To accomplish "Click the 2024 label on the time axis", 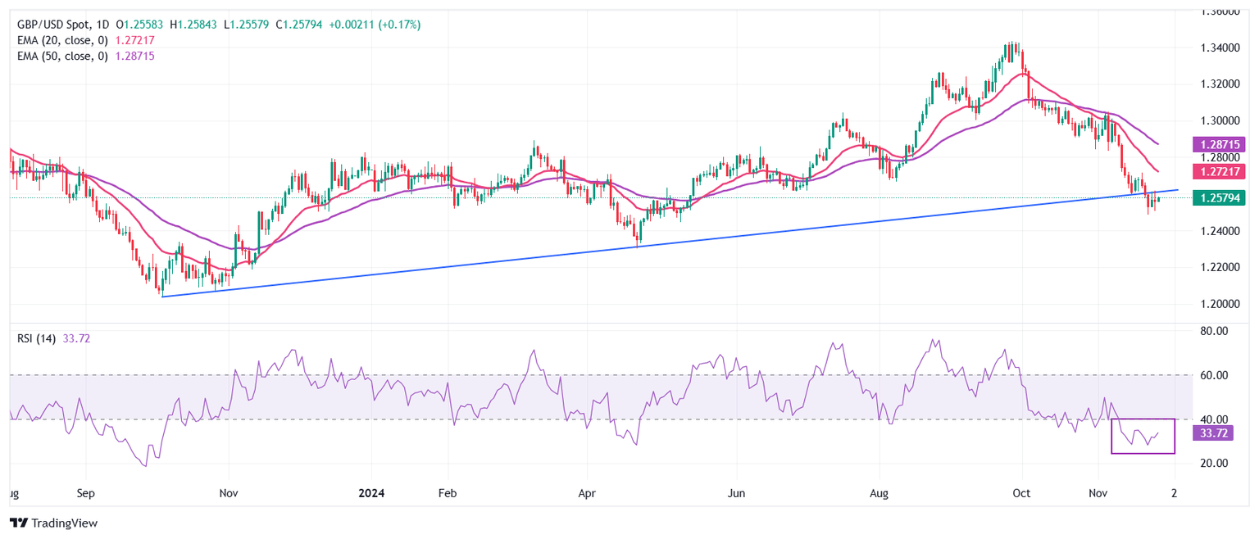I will tap(370, 494).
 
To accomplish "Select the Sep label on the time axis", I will tap(86, 494).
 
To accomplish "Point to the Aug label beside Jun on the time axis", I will tap(879, 494).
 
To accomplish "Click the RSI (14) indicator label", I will tap(36, 339).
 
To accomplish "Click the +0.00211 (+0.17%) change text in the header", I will tap(375, 25).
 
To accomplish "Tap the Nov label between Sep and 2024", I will tap(229, 494).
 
